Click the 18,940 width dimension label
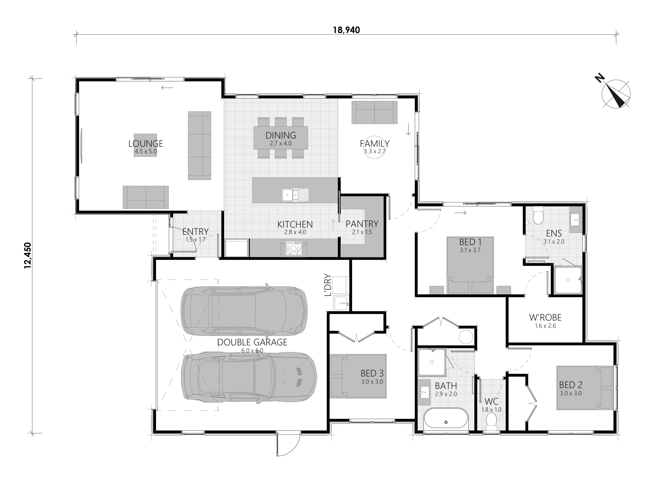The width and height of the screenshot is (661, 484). click(x=346, y=30)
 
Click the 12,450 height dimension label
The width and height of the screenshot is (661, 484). click(x=27, y=255)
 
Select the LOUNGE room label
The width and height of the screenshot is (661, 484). click(x=146, y=144)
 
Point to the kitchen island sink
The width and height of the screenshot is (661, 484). click(x=295, y=195)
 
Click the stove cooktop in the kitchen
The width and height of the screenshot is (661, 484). click(x=294, y=249)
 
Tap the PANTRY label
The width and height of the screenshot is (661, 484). click(x=362, y=224)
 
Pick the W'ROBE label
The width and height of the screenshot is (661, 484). click(x=545, y=317)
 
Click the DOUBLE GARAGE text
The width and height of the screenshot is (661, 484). click(x=252, y=342)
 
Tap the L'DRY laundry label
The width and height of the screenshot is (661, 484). click(x=328, y=285)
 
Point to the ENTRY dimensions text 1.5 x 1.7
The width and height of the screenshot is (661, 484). click(x=196, y=239)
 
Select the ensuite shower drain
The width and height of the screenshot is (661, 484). click(x=568, y=280)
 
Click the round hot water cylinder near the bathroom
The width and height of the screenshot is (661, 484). click(x=466, y=337)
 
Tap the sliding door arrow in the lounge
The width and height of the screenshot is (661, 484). click(x=167, y=87)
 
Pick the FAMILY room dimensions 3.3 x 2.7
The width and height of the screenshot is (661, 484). click(x=375, y=151)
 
